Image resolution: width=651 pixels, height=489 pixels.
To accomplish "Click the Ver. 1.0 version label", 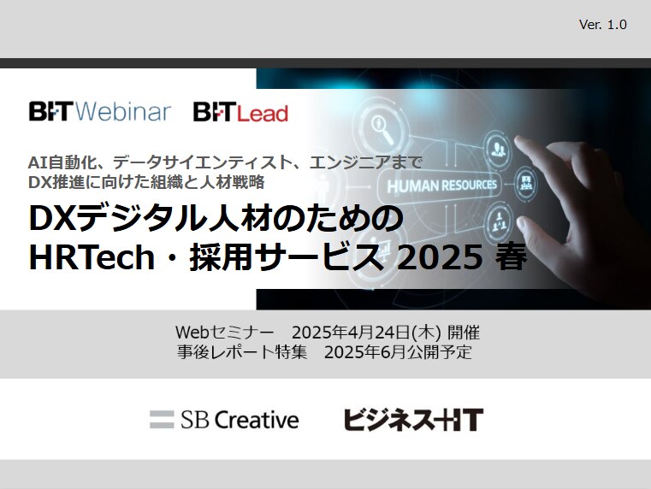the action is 602,25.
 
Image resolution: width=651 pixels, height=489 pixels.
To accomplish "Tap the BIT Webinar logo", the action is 99,112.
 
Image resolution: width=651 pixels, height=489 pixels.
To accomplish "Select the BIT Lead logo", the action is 240,112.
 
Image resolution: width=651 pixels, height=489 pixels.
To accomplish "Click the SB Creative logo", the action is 224,419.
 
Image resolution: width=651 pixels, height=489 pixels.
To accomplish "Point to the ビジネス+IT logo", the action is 413,419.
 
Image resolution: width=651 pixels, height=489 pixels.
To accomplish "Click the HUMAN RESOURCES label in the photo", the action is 441,186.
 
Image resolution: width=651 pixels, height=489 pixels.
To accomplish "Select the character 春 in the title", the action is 511,257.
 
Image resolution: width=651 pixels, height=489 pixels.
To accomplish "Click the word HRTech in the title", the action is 92,257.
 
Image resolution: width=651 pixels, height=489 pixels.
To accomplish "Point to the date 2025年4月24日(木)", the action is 366,333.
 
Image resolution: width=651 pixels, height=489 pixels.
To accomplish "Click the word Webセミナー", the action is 225,333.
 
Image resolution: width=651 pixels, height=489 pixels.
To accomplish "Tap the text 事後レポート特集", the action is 242,352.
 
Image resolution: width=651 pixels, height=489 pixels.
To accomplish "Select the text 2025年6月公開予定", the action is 398,352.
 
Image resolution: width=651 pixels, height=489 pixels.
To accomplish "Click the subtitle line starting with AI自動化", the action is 226,162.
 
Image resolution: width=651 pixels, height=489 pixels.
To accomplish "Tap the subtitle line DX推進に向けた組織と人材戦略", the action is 146,182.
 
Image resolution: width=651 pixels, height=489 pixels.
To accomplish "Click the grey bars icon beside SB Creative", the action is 162,419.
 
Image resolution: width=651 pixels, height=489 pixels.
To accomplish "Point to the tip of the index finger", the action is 518,139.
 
